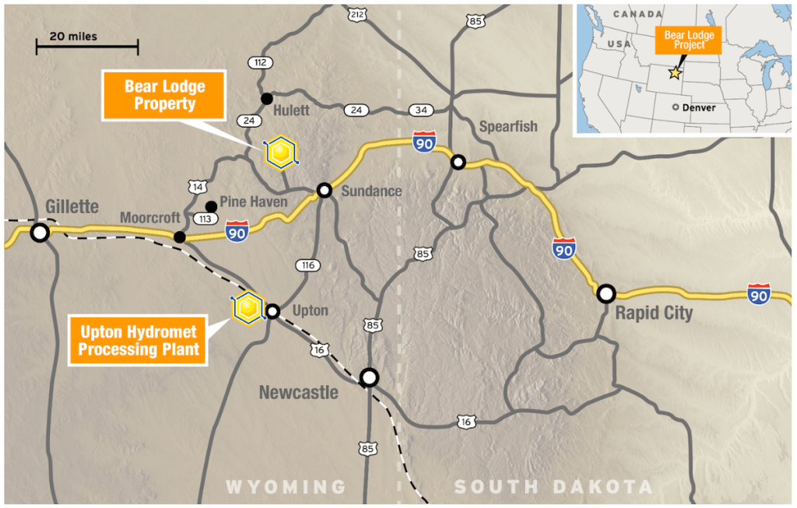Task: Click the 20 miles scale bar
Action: click(86, 47)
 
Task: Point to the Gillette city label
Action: click(72, 206)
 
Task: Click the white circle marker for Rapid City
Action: click(606, 293)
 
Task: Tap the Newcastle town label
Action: click(298, 392)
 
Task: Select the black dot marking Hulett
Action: click(266, 98)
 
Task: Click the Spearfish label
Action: click(508, 126)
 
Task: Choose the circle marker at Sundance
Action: click(325, 190)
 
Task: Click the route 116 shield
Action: click(307, 265)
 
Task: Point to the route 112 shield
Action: click(259, 62)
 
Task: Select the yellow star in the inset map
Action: click(675, 72)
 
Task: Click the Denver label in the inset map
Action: click(698, 107)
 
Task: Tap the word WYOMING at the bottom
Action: click(286, 487)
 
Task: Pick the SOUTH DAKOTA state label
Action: click(553, 487)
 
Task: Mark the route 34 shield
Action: click(423, 110)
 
